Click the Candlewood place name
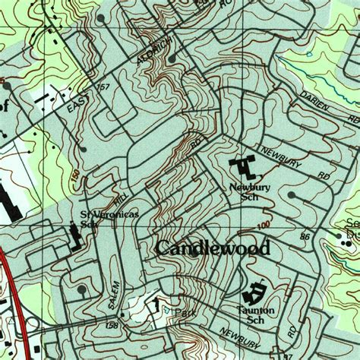(213, 248)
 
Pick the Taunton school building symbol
(254, 292)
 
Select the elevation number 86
(305, 238)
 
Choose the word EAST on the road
(77, 100)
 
